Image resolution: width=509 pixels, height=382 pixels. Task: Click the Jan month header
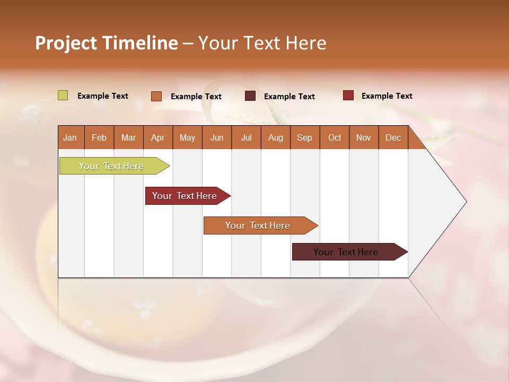(71, 137)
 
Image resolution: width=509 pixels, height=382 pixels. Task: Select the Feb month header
(99, 137)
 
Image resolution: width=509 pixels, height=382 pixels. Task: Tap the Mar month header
(128, 137)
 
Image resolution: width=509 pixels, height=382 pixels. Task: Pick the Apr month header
(158, 137)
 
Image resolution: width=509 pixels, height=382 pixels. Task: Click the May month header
(187, 137)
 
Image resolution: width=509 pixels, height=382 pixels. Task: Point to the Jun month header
(217, 137)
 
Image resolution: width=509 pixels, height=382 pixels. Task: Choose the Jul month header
(246, 137)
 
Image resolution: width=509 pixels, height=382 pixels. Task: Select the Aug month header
(276, 137)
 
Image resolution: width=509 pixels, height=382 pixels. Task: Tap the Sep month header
(305, 137)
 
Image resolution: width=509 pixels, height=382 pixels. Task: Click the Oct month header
(335, 137)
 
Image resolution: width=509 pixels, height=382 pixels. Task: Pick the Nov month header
(364, 137)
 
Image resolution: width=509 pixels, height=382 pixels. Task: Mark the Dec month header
(393, 137)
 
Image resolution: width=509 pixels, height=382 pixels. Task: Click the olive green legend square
(63, 95)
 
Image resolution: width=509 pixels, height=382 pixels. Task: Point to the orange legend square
(156, 96)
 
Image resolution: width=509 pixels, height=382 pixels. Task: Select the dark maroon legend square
(250, 96)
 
